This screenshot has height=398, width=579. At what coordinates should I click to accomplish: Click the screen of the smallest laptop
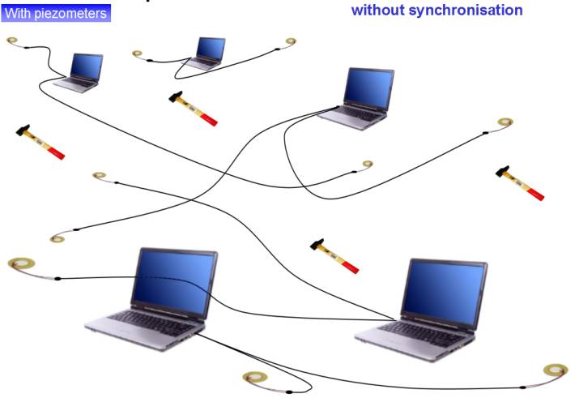click(x=211, y=49)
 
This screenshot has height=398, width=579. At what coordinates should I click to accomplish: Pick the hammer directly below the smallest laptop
click(x=194, y=109)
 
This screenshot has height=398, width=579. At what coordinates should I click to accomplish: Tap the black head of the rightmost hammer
click(x=504, y=172)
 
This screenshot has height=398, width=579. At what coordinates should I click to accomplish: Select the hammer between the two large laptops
click(x=334, y=255)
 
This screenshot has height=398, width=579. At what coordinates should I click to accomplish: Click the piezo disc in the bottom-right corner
click(x=556, y=370)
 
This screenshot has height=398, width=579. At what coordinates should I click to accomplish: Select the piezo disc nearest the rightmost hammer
click(x=506, y=122)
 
